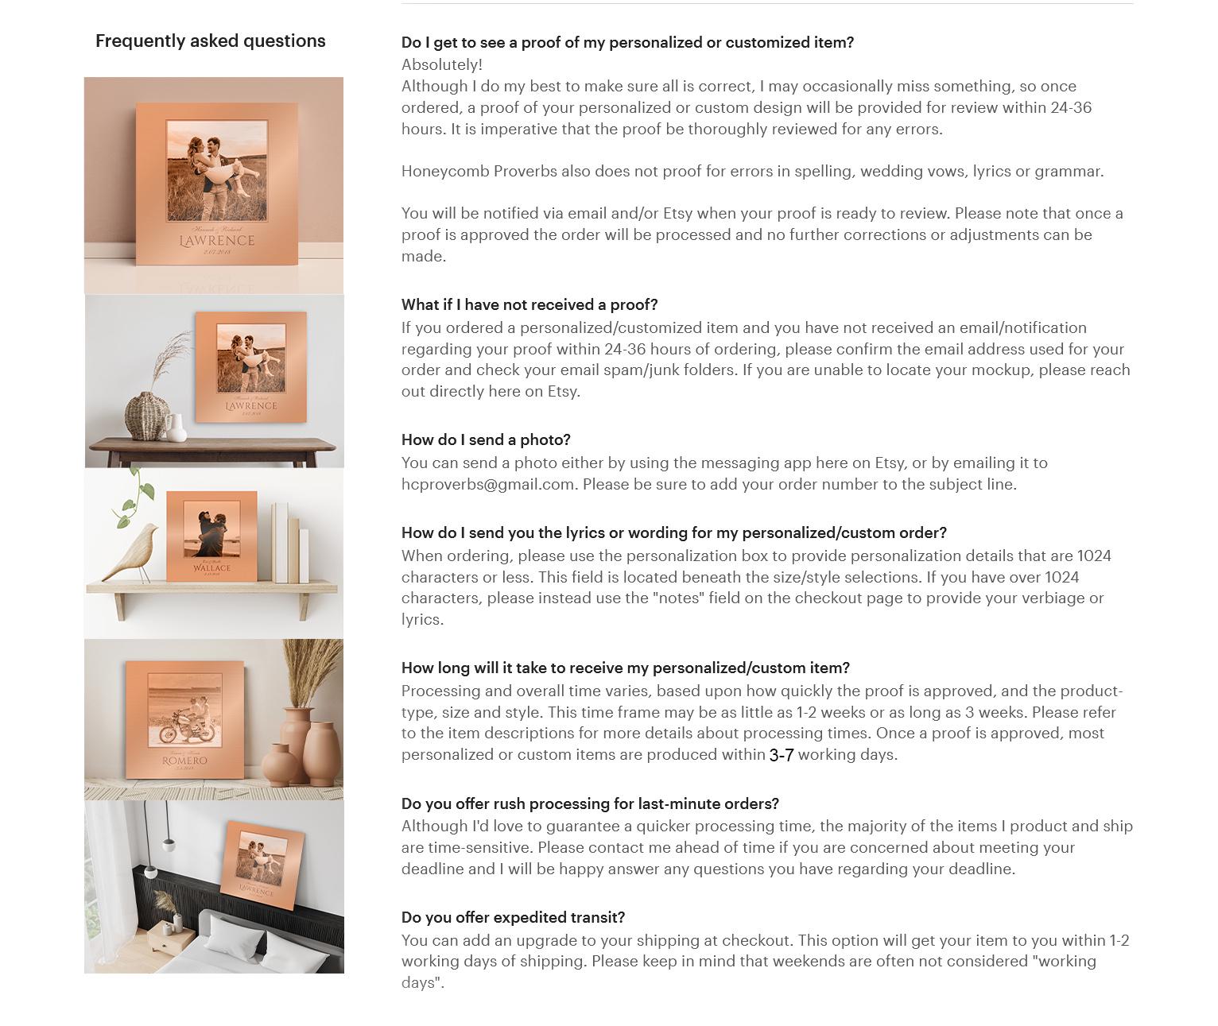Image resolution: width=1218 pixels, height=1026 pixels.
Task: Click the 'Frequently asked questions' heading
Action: [x=210, y=41]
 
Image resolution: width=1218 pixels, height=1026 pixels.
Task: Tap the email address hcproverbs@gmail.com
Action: [x=487, y=484]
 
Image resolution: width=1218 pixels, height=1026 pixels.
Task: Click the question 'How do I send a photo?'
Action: [x=486, y=439]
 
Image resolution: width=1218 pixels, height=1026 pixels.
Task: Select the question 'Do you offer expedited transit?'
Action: [x=513, y=917]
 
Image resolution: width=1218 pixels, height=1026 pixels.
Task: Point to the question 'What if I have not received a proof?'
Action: [x=529, y=304]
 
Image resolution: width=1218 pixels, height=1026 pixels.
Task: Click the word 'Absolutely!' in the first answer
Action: [x=442, y=64]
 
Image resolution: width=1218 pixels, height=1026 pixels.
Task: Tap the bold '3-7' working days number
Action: [x=781, y=755]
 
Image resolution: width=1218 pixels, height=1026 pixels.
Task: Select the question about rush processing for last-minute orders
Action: [x=590, y=803]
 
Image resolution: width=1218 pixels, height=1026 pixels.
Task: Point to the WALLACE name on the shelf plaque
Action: [x=211, y=568]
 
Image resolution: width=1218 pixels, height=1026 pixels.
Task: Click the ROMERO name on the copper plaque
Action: [x=184, y=761]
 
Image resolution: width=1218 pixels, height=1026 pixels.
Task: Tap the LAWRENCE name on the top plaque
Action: [x=217, y=240]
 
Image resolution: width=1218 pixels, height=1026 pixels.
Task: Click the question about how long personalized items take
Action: [x=625, y=668]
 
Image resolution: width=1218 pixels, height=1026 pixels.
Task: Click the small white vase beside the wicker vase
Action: [x=178, y=428]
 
